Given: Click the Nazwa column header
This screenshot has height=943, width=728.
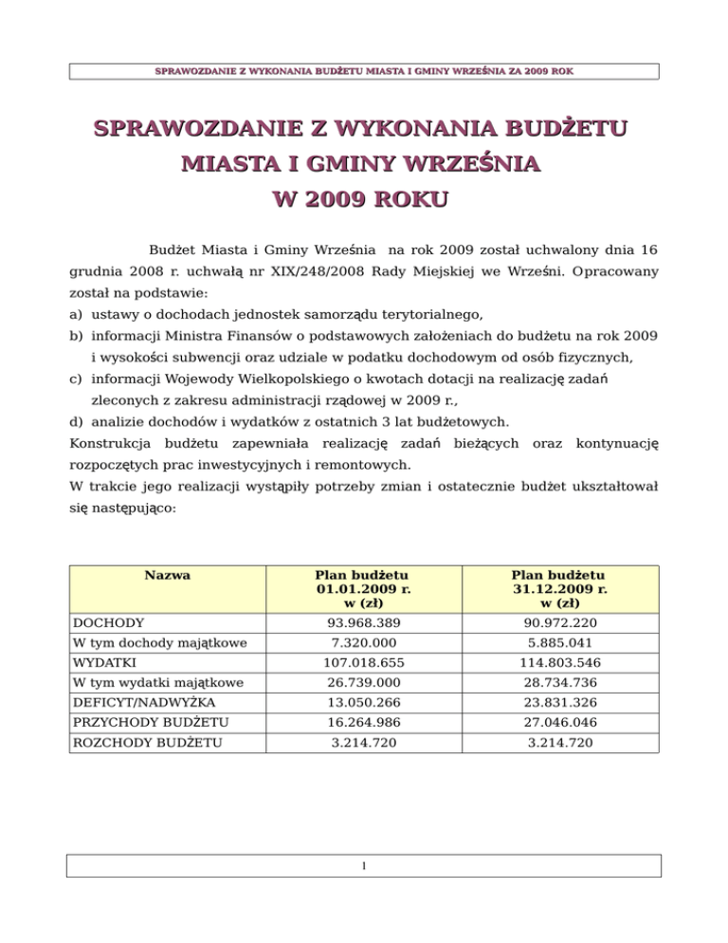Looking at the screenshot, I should [x=167, y=575].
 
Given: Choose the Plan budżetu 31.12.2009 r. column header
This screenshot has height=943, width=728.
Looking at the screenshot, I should [x=559, y=588].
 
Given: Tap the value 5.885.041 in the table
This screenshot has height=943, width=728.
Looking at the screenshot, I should [x=559, y=644].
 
